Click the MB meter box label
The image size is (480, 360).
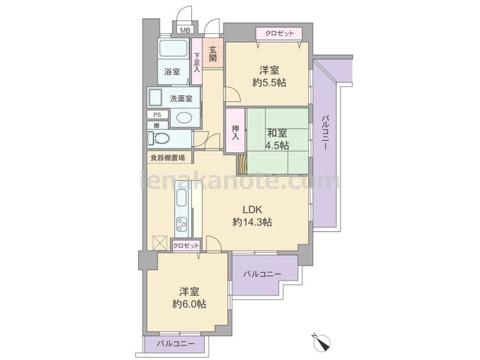pyautogui.click(x=185, y=30)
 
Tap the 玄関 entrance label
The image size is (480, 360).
pyautogui.click(x=213, y=53)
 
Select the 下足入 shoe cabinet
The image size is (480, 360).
pyautogui.click(x=196, y=61)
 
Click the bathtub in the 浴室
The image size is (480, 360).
pyautogui.click(x=173, y=48)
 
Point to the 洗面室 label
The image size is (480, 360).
pyautogui.click(x=181, y=98)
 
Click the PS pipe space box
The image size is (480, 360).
pyautogui.click(x=157, y=115)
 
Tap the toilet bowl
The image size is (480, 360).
pyautogui.click(x=158, y=139)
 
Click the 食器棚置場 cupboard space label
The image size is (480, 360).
pyautogui.click(x=167, y=158)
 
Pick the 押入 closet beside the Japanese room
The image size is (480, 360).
pyautogui.click(x=235, y=130)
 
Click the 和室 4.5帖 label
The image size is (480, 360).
pyautogui.click(x=277, y=139)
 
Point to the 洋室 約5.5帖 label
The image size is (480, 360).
pyautogui.click(x=269, y=76)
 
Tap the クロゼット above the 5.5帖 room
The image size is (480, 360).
pyautogui.click(x=279, y=33)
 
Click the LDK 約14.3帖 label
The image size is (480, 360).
pyautogui.click(x=252, y=216)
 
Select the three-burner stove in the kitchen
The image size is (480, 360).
pyautogui.click(x=181, y=225)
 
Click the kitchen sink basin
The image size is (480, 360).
pyautogui.click(x=181, y=198)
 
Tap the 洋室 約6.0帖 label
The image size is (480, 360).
pyautogui.click(x=189, y=298)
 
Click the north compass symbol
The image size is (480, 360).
pyautogui.click(x=322, y=343)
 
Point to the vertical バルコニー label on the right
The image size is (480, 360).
pyautogui.click(x=325, y=132)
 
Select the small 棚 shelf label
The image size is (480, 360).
pyautogui.click(x=157, y=125)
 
